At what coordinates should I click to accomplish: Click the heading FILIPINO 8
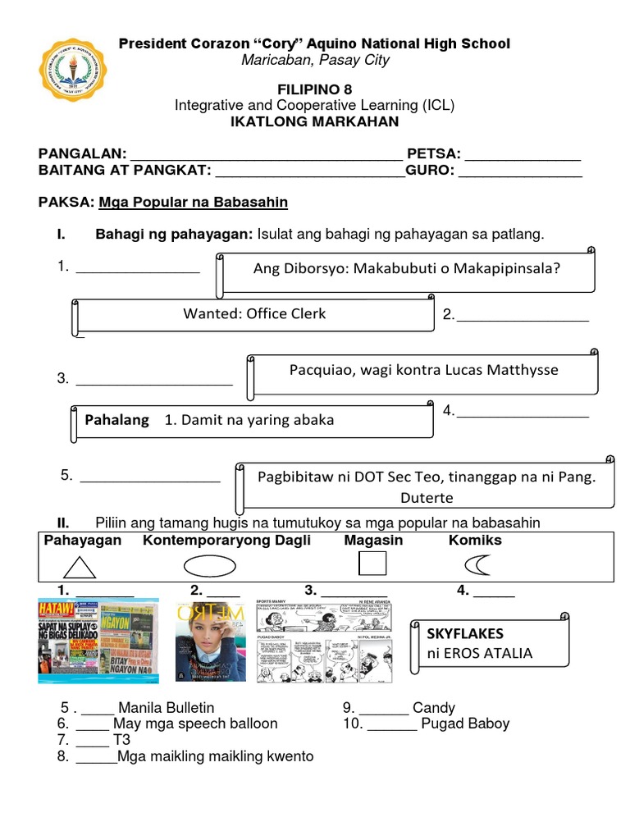[x=314, y=89]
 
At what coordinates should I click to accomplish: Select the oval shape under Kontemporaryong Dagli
[x=209, y=566]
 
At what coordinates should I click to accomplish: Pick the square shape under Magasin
[x=372, y=564]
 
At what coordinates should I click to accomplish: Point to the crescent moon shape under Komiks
[x=477, y=565]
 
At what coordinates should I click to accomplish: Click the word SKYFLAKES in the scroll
[x=465, y=633]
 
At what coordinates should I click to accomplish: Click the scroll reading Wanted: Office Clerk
[x=254, y=313]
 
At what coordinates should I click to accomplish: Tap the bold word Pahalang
[x=117, y=420]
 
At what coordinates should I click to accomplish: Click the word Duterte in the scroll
[x=427, y=497]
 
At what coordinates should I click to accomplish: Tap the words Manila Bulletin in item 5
[x=167, y=707]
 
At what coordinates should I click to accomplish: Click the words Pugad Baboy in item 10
[x=465, y=724]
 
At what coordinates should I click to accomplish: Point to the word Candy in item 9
[x=434, y=707]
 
